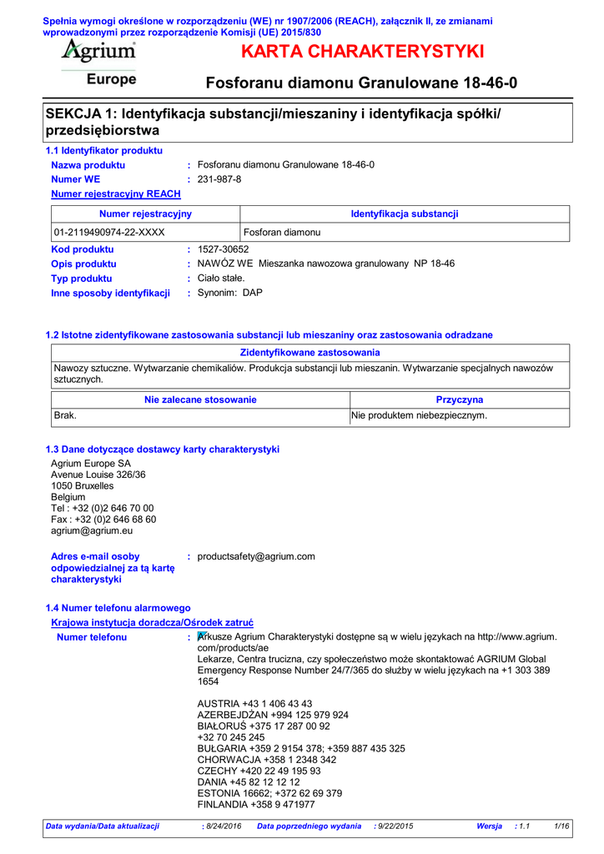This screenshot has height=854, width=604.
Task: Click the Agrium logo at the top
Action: pos(98,52)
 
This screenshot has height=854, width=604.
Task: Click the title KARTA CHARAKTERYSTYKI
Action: pos(361,52)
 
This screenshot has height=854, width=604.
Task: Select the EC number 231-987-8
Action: pos(219,179)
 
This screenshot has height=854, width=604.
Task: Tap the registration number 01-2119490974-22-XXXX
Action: pos(108,233)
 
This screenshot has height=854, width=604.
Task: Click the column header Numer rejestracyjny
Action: pos(145,214)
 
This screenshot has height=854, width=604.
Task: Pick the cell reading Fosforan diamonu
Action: pos(282,233)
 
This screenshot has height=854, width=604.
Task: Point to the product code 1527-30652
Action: pos(223,249)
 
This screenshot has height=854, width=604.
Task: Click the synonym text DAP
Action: pos(252,293)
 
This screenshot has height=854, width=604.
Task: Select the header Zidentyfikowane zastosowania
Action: pos(310,353)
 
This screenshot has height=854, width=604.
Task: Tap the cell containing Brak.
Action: pos(65,414)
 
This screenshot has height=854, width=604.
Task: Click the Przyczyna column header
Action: pos(459,399)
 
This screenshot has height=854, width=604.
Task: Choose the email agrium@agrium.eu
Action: pos(92,530)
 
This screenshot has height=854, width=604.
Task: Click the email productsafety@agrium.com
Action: pos(256,556)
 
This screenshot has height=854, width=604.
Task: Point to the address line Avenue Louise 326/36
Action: pos(98,475)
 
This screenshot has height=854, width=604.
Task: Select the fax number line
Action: pos(103,519)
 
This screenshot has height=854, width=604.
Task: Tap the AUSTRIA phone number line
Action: pos(254,704)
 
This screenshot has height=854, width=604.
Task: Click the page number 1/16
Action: pos(561,826)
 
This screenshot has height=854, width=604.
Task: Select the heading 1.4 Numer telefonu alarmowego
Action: pos(118,608)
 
